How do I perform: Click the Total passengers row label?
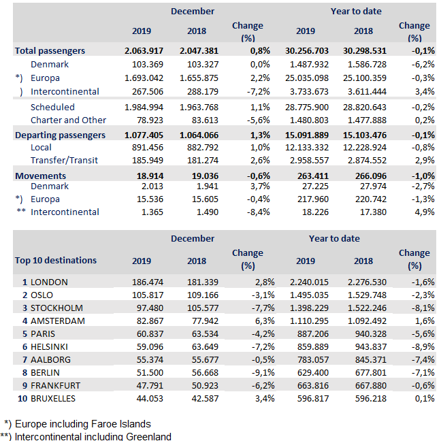coord(50,50)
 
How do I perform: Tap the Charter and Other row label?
coord(68,120)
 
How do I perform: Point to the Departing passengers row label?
coord(60,135)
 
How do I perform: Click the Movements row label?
coord(40,176)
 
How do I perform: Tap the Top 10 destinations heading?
coord(55,260)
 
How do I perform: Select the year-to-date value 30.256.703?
coord(310,50)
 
